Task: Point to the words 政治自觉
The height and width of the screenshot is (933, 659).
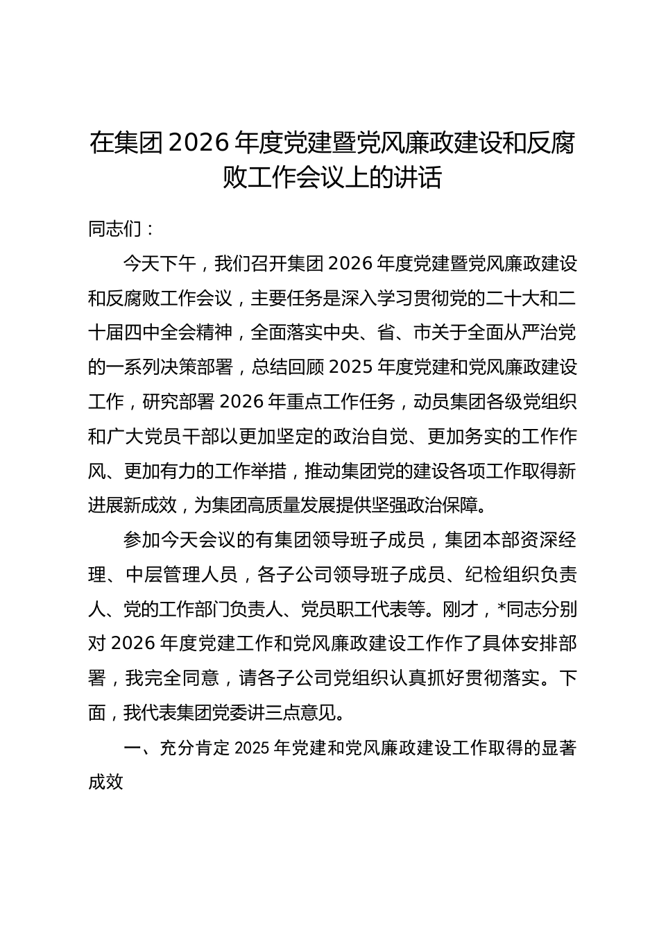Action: point(367,437)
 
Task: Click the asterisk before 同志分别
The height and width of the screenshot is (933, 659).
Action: point(502,610)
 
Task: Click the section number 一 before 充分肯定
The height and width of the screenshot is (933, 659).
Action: point(132,748)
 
